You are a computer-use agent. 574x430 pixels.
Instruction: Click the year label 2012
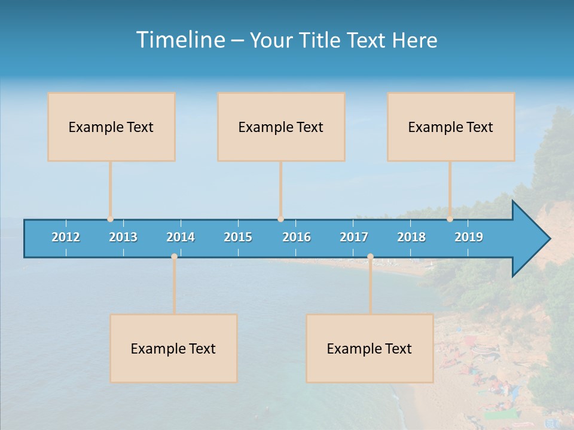pyautogui.click(x=66, y=237)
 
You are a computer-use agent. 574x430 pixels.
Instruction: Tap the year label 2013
pyautogui.click(x=123, y=237)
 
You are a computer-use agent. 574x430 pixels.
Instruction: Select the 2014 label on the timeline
pyautogui.click(x=181, y=237)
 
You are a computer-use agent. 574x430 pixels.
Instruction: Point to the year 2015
pyautogui.click(x=238, y=237)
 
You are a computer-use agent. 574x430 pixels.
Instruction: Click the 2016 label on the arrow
pyautogui.click(x=297, y=237)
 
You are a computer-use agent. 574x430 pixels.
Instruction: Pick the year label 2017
pyautogui.click(x=354, y=237)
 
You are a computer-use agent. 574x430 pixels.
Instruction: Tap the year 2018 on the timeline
pyautogui.click(x=411, y=237)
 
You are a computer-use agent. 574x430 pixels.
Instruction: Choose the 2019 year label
pyautogui.click(x=469, y=237)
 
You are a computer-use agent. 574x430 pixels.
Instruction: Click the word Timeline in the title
pyautogui.click(x=179, y=40)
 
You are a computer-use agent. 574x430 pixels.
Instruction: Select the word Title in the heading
pyautogui.click(x=321, y=41)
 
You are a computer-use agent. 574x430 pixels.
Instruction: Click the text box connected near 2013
pyautogui.click(x=111, y=127)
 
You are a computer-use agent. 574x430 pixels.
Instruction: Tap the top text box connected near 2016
pyautogui.click(x=281, y=127)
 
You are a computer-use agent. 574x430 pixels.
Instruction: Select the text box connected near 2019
pyautogui.click(x=451, y=127)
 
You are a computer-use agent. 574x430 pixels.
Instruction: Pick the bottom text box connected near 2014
pyautogui.click(x=173, y=348)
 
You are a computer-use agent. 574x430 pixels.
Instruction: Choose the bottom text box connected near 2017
pyautogui.click(x=370, y=348)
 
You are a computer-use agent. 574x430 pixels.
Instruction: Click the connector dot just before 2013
pyautogui.click(x=110, y=219)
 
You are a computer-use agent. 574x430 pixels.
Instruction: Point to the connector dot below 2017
pyautogui.click(x=370, y=257)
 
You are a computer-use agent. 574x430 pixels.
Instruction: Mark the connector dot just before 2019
pyautogui.click(x=450, y=219)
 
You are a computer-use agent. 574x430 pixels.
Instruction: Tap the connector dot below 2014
pyautogui.click(x=174, y=257)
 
